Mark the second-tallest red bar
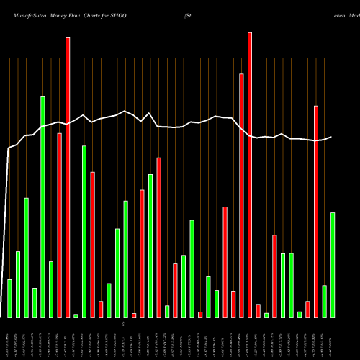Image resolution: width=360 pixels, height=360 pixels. coord(68,177)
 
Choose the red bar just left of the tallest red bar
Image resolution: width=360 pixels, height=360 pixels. coord(242,195)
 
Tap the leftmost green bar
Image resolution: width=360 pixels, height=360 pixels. coord(9,298)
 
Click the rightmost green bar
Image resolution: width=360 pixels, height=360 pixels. coord(333,264)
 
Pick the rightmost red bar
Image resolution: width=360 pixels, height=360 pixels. coord(316,211)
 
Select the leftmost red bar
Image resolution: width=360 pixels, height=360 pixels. coord(59,225)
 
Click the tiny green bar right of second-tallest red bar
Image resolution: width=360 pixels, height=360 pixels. coord(76,315)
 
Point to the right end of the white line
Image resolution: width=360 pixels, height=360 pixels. coord(332,137)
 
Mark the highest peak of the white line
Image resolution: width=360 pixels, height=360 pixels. coord(125,111)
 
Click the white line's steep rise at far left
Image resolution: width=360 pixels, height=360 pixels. coord(6,216)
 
